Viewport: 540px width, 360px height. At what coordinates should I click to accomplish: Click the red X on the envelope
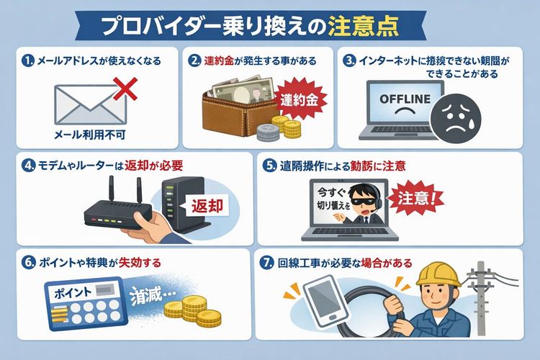(x=126, y=89)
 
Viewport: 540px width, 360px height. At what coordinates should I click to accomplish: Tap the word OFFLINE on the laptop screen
(x=405, y=99)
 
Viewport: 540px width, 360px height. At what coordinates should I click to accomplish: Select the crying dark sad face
(x=456, y=118)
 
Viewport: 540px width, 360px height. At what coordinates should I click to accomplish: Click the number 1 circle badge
(x=28, y=61)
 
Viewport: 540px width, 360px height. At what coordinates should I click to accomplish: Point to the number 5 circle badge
(x=269, y=166)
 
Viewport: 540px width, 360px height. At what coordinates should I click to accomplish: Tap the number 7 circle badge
(x=266, y=264)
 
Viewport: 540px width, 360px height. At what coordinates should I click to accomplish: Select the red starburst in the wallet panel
(x=299, y=100)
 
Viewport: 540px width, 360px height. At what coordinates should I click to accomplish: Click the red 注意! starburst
(x=416, y=198)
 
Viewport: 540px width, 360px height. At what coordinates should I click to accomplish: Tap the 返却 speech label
(x=207, y=206)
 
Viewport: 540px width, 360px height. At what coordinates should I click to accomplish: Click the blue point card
(x=85, y=303)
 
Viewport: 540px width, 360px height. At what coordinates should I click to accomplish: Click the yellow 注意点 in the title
(x=364, y=27)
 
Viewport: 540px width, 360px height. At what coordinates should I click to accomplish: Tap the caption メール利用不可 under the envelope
(x=89, y=135)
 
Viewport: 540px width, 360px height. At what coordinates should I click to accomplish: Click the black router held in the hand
(x=117, y=215)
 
